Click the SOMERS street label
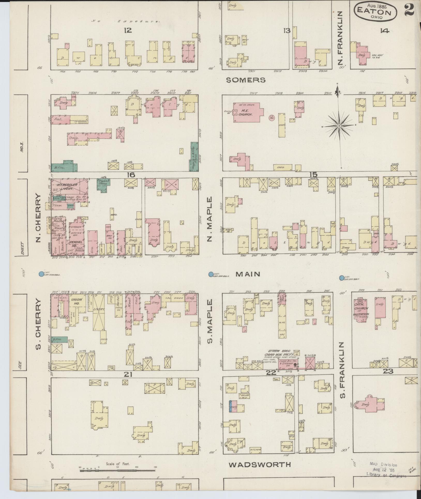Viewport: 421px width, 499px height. coord(246,80)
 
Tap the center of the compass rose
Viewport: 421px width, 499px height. coord(339,126)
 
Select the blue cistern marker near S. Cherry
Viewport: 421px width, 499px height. coord(41,274)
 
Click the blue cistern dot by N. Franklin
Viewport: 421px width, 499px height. coord(342,278)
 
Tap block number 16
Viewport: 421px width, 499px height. coord(131,175)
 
